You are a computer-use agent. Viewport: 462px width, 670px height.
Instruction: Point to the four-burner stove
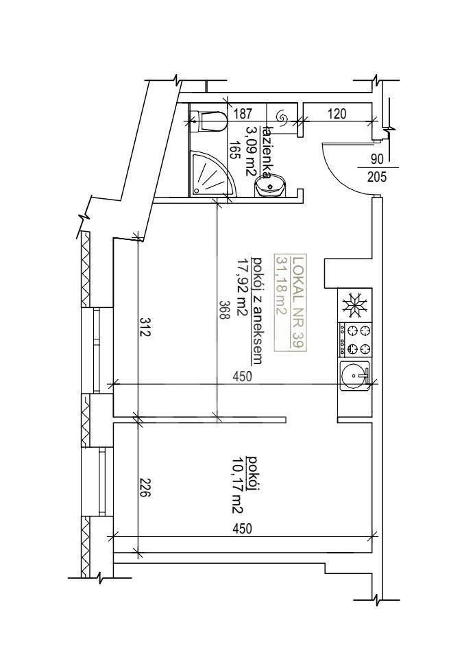pos(354,340)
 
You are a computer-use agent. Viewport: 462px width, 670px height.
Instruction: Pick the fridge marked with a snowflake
pos(354,306)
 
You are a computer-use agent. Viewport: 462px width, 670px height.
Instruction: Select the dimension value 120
pos(337,114)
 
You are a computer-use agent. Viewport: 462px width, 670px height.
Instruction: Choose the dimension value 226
pos(145,488)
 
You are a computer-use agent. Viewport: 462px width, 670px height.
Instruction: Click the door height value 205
pos(376,176)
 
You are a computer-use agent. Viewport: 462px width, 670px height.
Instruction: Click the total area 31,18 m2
pos(282,285)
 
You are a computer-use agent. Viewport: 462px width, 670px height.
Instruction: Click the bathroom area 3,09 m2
pos(250,150)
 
